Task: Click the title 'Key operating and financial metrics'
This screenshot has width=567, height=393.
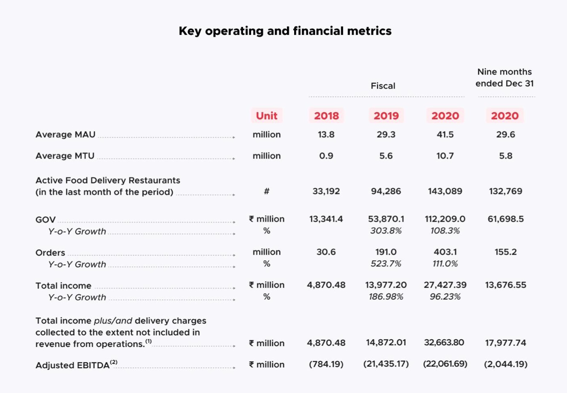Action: point(285,31)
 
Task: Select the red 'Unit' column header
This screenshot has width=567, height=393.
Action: point(266,116)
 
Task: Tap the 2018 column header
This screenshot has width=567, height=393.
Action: point(326,116)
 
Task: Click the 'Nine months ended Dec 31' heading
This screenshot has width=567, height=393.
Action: point(504,78)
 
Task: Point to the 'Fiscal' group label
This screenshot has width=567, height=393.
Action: point(383,86)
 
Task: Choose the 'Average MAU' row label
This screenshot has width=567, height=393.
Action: point(65,135)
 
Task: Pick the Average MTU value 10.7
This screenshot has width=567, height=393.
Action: point(445,156)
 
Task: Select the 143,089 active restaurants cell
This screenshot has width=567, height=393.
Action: point(445,191)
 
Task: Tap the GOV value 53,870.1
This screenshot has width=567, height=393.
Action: point(386,219)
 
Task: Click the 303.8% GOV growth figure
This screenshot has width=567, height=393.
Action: point(386,231)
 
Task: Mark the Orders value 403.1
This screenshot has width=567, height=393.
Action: point(445,252)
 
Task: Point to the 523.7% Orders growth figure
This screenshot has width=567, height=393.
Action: point(386,264)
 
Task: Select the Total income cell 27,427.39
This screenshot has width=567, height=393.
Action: point(445,285)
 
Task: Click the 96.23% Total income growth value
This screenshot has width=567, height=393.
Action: point(445,297)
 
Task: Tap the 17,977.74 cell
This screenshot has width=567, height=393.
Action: point(506,343)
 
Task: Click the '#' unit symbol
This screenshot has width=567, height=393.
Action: point(266,191)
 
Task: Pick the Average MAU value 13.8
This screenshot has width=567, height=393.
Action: point(326,135)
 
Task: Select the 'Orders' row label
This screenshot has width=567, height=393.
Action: point(50,253)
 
